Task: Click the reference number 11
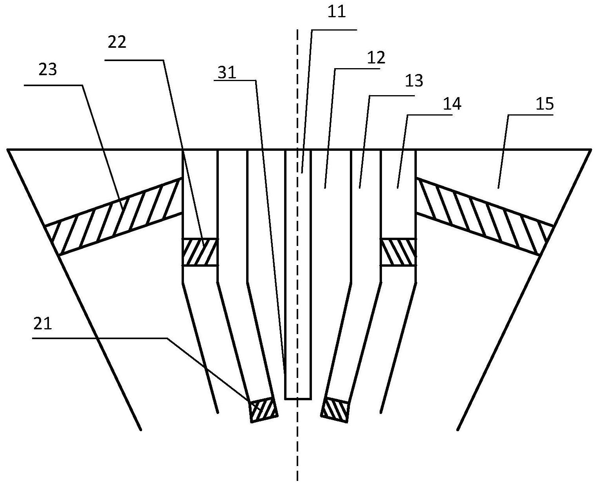(x=337, y=12)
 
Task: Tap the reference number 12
(x=376, y=58)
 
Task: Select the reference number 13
(x=414, y=81)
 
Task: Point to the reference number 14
(x=452, y=104)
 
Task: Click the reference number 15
(x=546, y=104)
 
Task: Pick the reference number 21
(x=43, y=324)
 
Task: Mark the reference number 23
(x=48, y=70)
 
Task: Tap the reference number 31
(x=227, y=73)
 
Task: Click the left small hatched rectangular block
(x=200, y=252)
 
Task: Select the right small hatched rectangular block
(x=398, y=252)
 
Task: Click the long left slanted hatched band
(x=113, y=216)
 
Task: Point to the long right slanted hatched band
(x=485, y=216)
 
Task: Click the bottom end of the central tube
(x=298, y=399)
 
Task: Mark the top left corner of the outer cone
(x=8, y=150)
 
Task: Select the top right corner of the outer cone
(x=590, y=150)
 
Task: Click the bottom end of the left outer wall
(x=140, y=430)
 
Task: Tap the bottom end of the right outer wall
(x=458, y=430)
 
